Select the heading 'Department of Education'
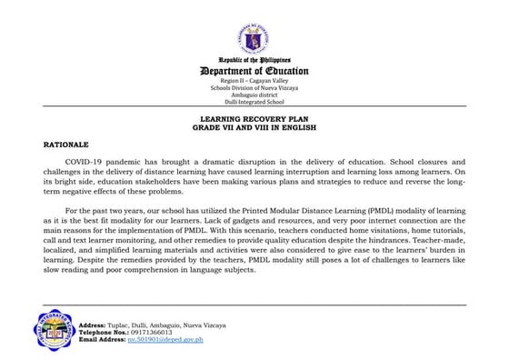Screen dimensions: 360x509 254,72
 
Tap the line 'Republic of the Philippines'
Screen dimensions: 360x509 254,61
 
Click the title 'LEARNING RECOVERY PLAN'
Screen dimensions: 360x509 254,119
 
